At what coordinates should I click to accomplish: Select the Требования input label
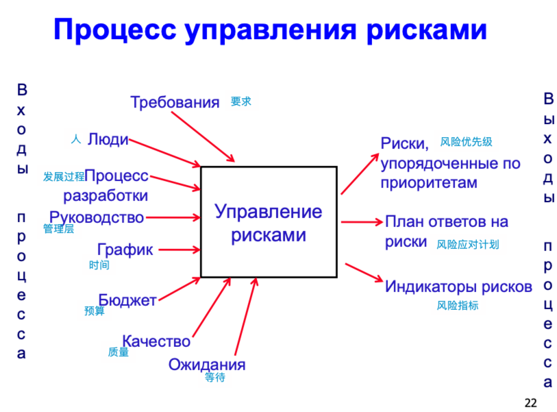point(175,102)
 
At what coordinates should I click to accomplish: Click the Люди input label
point(108,139)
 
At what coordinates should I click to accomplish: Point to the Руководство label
point(97,217)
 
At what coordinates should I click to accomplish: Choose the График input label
point(125,250)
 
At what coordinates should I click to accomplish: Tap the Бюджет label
point(127,300)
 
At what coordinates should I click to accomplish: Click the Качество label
point(156,341)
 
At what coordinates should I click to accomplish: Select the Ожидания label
point(206,364)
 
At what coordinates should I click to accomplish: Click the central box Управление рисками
point(268,221)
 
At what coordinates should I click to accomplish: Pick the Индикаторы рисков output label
point(458,287)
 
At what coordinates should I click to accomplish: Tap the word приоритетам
point(428,182)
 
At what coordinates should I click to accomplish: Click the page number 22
point(530,401)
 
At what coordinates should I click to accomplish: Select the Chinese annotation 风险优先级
point(466,142)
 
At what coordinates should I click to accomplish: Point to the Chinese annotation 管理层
point(58,229)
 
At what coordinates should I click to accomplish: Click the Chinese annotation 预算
point(95,311)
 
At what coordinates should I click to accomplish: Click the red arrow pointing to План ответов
point(361,221)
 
